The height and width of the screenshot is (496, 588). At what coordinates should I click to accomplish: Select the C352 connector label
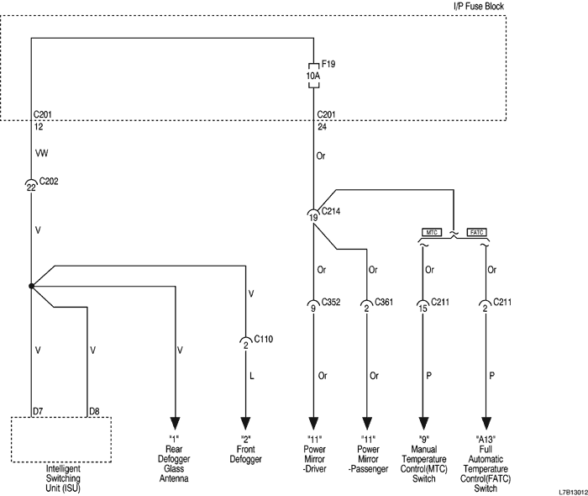pos(330,303)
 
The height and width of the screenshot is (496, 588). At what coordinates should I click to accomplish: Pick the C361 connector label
pos(385,303)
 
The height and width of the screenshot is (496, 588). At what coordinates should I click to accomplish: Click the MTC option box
pos(432,231)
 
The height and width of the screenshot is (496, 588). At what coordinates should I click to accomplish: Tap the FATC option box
pos(475,231)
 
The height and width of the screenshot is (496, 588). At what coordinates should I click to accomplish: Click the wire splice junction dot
pos(31,287)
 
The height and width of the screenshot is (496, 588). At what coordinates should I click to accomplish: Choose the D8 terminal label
pos(95,410)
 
